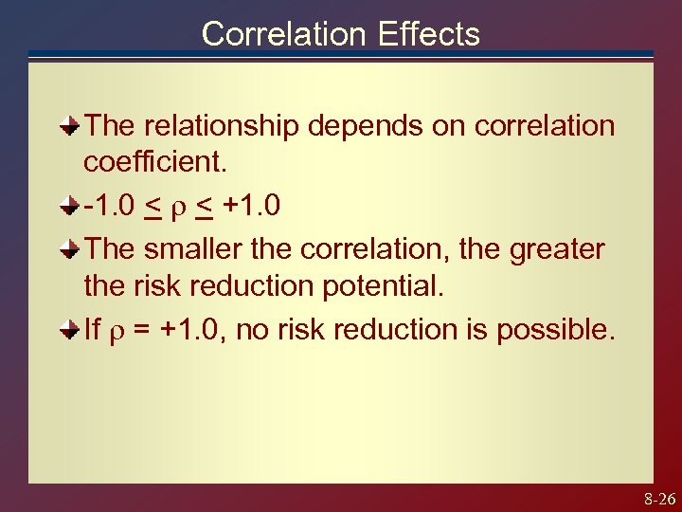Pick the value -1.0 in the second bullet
pos(111,206)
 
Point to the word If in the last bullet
pos(92,330)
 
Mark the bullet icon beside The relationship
pos(70,125)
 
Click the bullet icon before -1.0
pos(70,206)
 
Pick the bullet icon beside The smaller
pos(70,248)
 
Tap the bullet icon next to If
pos(70,330)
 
